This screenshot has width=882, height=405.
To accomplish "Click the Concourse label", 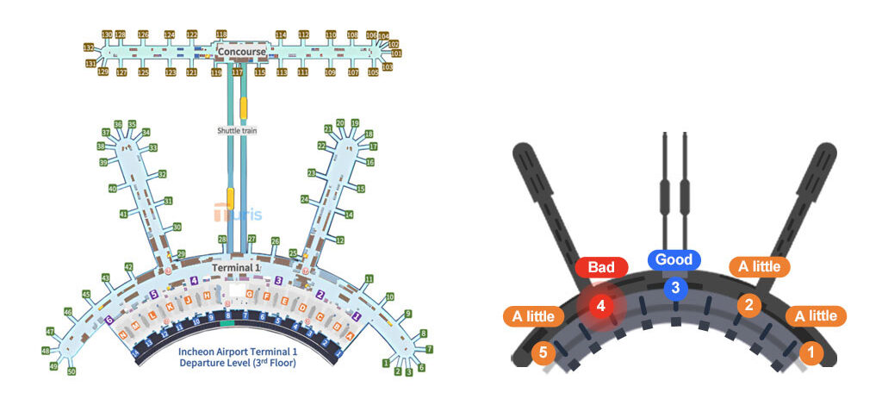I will click(x=242, y=52).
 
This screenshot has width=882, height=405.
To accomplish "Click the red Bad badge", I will click(x=601, y=268).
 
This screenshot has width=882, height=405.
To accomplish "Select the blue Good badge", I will click(x=674, y=259).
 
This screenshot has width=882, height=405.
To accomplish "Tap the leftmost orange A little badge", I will click(x=533, y=316).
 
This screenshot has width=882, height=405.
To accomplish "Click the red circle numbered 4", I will click(x=601, y=305).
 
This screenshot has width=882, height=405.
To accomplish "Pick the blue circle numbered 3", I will click(x=675, y=288).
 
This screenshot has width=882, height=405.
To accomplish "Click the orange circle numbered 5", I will click(x=543, y=352).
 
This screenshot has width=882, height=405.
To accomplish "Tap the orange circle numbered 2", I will click(x=749, y=304).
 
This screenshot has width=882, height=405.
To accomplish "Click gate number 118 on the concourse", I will click(x=221, y=34).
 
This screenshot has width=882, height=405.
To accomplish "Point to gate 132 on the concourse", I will click(x=89, y=47).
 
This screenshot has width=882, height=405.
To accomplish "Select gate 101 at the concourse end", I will click(x=397, y=53).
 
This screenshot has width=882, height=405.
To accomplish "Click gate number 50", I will click(x=71, y=371).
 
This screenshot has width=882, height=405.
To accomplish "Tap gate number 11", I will click(x=369, y=279).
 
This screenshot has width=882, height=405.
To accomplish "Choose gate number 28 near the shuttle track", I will click(x=222, y=239).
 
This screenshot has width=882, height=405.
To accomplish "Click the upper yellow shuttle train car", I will click(x=244, y=108).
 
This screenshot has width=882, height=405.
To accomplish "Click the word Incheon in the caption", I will click(x=199, y=352).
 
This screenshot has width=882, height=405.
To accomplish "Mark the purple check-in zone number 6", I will click(x=109, y=320).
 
